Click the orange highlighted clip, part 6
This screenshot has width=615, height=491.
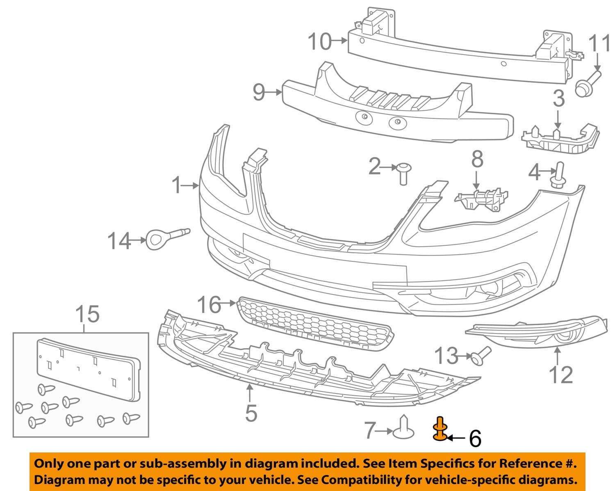tap(440, 429)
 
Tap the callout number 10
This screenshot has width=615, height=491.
tap(319, 41)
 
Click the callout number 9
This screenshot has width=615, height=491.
tap(259, 92)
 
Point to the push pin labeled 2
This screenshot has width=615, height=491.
tap(402, 173)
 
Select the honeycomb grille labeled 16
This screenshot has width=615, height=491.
tap(316, 324)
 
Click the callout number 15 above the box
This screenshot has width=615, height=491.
tap(88, 314)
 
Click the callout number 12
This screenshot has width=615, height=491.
tap(561, 375)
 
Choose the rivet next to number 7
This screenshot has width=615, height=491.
tap(403, 427)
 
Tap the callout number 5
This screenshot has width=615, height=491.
tap(251, 413)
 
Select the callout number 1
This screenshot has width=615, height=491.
tap(177, 185)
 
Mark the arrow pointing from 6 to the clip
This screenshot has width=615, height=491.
tap(456, 438)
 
